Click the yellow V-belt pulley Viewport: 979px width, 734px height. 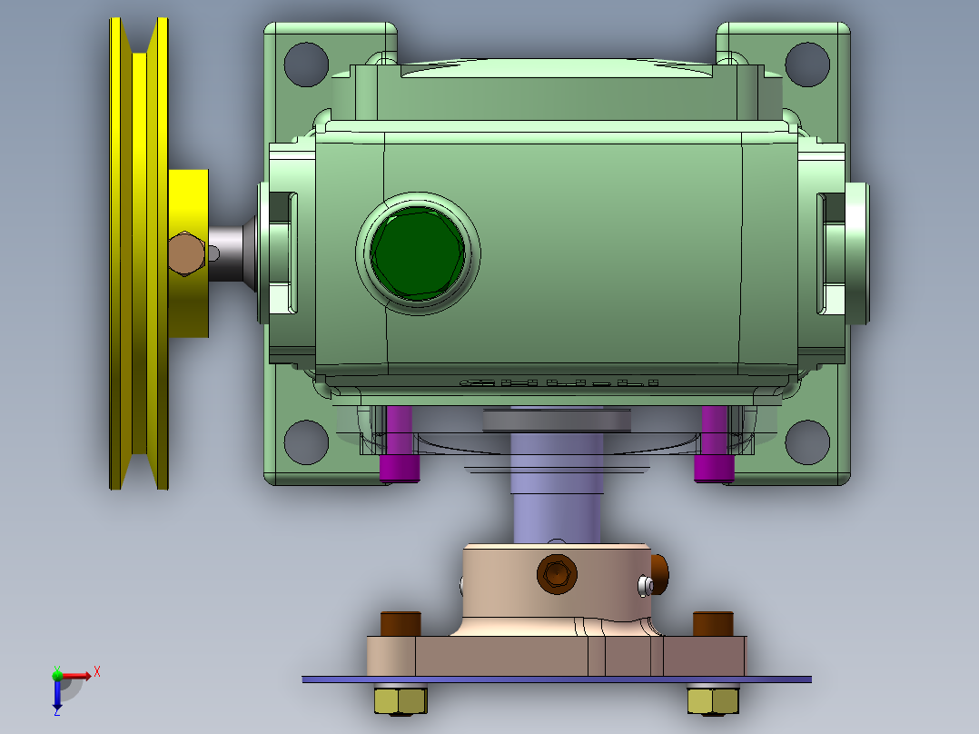(x=138, y=254)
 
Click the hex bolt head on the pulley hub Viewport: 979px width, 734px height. (x=186, y=253)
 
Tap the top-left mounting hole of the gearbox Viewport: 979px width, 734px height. (x=306, y=63)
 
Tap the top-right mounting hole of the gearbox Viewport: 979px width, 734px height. (x=807, y=63)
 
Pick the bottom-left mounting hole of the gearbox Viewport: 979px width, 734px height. (x=306, y=441)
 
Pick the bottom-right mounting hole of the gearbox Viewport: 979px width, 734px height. (x=807, y=441)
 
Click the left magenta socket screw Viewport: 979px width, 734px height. (x=399, y=446)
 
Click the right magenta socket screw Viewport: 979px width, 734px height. (x=714, y=446)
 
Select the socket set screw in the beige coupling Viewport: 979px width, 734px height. (x=556, y=573)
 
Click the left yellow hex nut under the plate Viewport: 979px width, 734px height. (x=400, y=699)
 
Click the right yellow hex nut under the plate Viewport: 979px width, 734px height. (x=713, y=699)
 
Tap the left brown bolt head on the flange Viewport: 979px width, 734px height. (x=400, y=624)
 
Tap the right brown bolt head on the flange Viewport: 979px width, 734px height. (x=712, y=624)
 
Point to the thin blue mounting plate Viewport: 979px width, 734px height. (x=556, y=679)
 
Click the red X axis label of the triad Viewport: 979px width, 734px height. (x=97, y=671)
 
